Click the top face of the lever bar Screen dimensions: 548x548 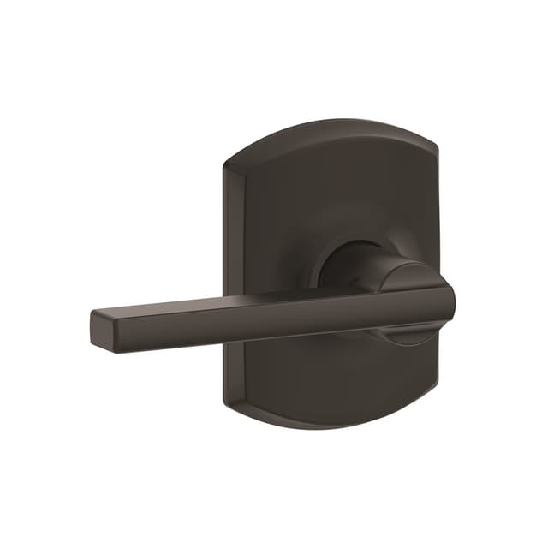click(257, 300)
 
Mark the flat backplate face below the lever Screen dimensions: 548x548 click(334, 377)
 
